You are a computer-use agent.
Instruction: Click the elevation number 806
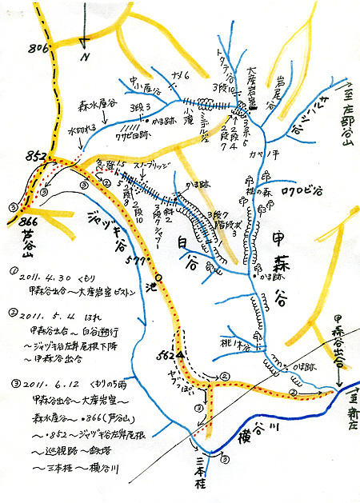(17, 48)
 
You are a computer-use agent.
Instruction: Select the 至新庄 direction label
(346, 405)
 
